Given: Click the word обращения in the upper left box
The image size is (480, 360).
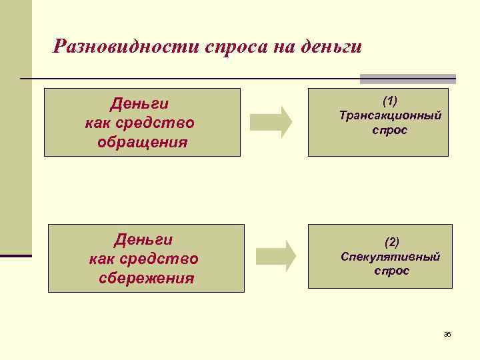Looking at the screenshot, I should click(142, 142).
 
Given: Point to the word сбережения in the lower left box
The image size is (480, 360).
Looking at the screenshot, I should click(147, 277).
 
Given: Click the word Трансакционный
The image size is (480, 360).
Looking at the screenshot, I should click(390, 115).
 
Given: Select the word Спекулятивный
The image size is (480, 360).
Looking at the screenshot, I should click(391, 257).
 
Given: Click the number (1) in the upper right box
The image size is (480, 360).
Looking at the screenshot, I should click(390, 101).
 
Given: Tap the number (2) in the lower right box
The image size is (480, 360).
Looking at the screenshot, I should click(391, 241).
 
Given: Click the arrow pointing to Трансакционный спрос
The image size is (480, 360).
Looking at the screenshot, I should click(271, 122).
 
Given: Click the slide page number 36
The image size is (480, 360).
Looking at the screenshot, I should click(447, 333).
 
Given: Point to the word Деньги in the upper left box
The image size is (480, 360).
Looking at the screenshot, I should click(139, 104).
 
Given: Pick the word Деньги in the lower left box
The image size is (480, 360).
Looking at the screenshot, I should click(144, 239).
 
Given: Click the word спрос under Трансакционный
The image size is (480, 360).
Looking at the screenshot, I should click(390, 130).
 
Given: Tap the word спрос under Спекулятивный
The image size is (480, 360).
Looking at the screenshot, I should click(391, 271).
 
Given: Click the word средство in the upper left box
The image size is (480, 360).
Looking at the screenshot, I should click(162, 123).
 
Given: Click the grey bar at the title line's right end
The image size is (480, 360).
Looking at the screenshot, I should click(407, 79).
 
